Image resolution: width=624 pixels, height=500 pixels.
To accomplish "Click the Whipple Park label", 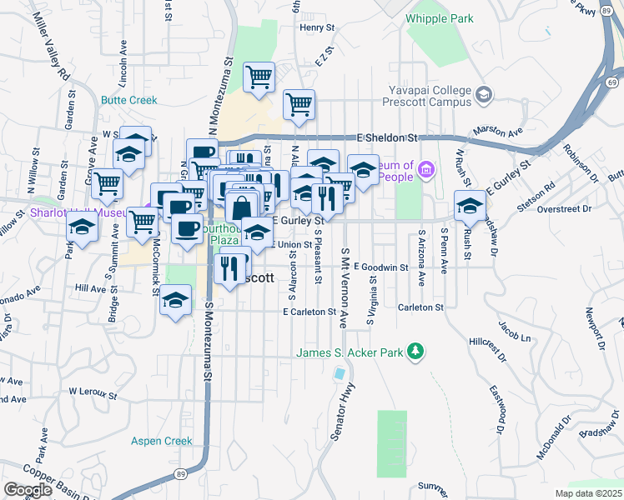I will click(439, 18).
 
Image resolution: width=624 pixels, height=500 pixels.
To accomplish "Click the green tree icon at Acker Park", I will click(415, 352).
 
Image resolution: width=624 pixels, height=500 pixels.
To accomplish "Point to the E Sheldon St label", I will click(386, 137).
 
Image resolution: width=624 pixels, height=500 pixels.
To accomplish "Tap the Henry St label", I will click(317, 27).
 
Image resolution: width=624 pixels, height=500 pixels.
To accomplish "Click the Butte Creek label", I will click(129, 100).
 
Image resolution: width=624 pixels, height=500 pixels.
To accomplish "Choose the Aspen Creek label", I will click(162, 441).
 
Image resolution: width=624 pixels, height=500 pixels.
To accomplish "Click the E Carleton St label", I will click(314, 312).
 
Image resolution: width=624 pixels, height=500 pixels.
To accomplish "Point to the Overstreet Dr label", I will click(565, 208).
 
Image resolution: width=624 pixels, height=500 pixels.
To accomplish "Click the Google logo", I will click(28, 490).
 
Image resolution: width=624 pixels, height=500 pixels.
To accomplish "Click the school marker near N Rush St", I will click(470, 205).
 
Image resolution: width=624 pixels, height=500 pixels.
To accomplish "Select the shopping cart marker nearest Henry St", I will click(259, 77).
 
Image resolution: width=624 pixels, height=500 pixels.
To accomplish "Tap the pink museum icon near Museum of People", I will click(426, 171).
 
